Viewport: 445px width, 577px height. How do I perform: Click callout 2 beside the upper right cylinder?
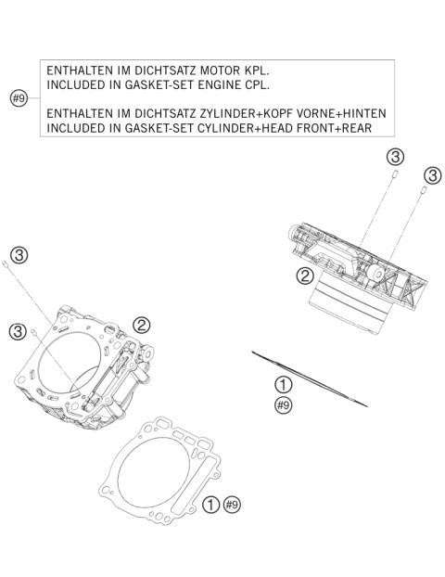click(303, 276)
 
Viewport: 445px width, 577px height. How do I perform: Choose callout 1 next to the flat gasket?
click(212, 505)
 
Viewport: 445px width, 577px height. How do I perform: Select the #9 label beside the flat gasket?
click(233, 505)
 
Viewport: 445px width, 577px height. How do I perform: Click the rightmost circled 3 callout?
click(431, 176)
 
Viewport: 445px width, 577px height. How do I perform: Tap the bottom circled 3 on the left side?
click(18, 331)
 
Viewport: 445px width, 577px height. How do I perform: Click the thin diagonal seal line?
click(310, 378)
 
